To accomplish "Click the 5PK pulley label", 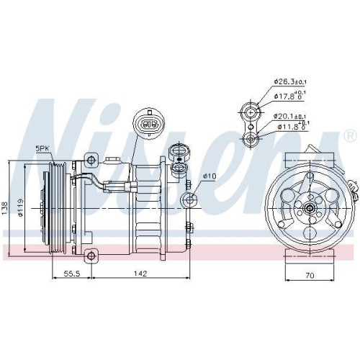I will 42,148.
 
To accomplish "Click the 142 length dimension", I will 141,274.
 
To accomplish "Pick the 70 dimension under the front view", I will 310,274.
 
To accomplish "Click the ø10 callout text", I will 210,176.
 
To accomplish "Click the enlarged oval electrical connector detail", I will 149,124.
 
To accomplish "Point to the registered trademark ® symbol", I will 349,135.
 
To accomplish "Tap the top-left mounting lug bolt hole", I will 91,158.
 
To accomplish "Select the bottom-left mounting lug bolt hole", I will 91,255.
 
